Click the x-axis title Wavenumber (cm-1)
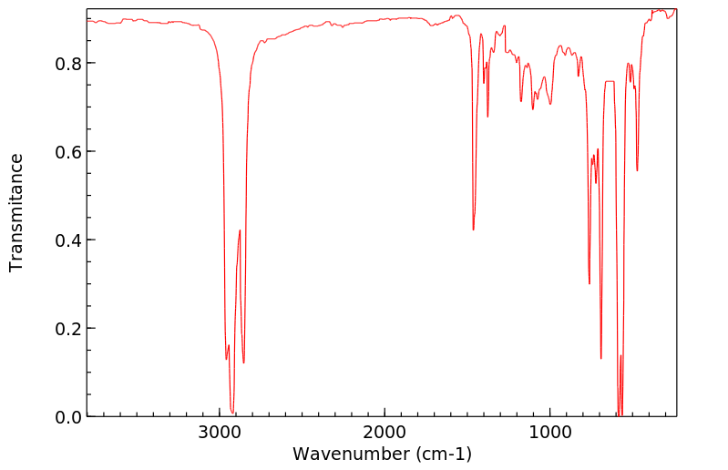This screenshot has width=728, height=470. coord(382,454)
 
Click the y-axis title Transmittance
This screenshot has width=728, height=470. coord(16,212)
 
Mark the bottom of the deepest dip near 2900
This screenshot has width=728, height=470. coord(232,413)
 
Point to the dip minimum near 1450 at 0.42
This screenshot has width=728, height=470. coord(474,230)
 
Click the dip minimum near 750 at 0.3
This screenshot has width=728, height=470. coord(590,283)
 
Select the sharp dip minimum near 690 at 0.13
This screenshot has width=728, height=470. coord(601,358)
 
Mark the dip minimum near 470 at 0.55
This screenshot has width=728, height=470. coord(637,170)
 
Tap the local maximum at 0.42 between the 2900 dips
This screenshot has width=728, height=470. coord(240,230)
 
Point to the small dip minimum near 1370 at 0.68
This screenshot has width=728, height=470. coord(487,117)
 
